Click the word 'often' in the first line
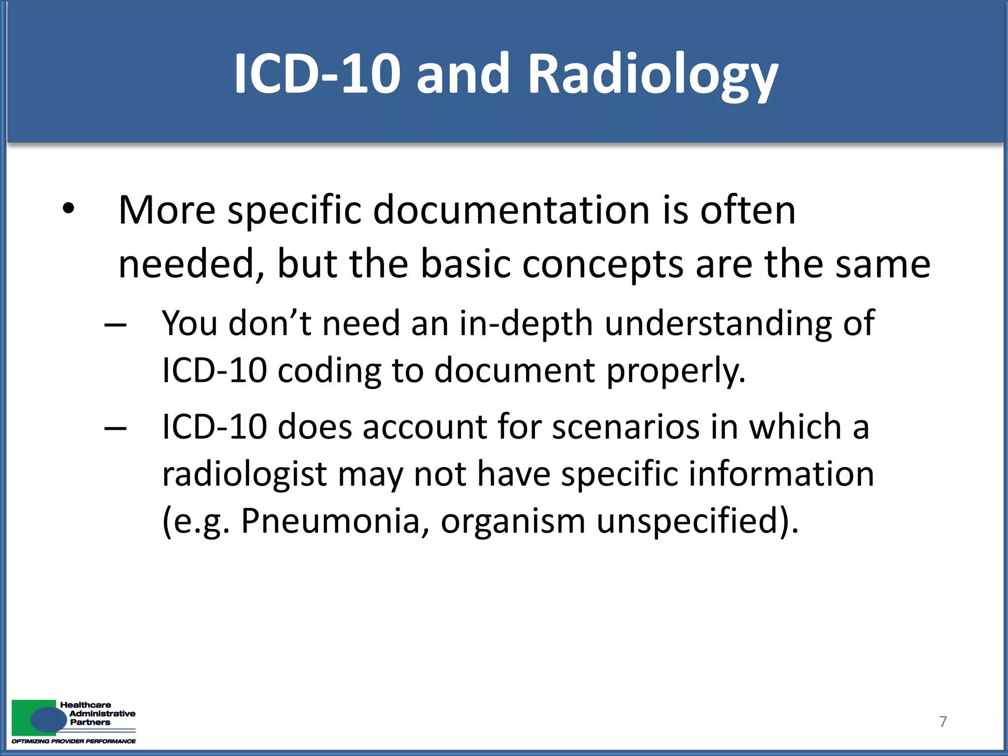[748, 210]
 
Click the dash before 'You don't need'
[116, 325]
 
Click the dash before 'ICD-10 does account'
[116, 429]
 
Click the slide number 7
[943, 722]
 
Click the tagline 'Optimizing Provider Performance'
[74, 741]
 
